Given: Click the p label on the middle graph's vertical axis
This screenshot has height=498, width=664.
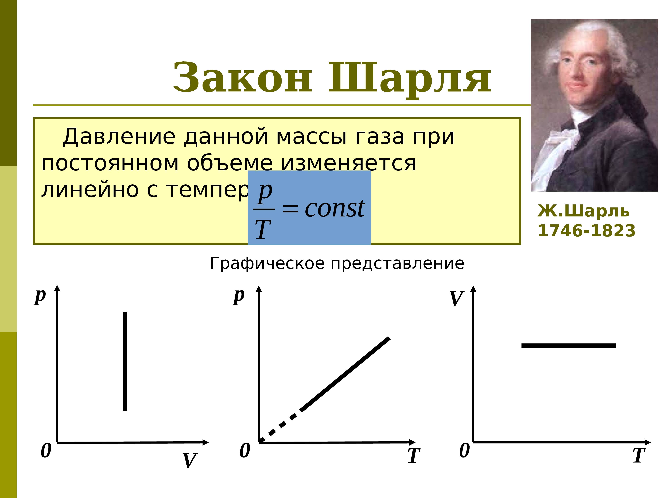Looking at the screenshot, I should coord(239,297).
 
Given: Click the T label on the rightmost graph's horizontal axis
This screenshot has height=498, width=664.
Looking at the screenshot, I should coord(639,456).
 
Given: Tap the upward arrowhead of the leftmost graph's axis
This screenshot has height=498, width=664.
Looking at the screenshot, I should coord(57,288).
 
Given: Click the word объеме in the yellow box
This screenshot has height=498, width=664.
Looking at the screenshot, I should coord(230,164).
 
